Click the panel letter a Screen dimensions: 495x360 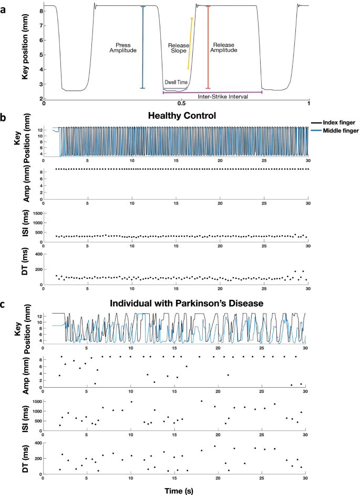point(5,6)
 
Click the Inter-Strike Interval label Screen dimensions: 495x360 point(222,97)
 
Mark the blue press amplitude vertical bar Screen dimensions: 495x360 point(143,47)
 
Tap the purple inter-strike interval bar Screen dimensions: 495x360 point(212,93)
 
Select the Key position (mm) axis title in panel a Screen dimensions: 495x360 point(25,52)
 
